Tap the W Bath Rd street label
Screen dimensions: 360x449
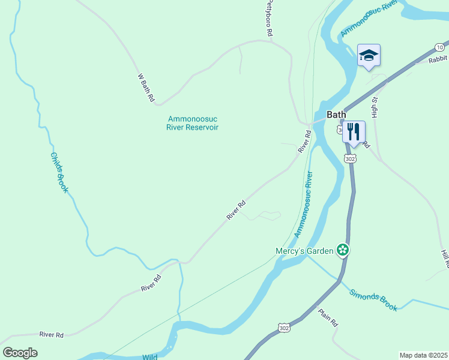pyautogui.click(x=146, y=88)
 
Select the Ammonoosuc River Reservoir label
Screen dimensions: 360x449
pyautogui.click(x=193, y=123)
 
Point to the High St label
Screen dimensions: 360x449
pyautogui.click(x=375, y=107)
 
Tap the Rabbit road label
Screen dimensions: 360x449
pyautogui.click(x=438, y=59)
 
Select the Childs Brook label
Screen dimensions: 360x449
pyautogui.click(x=59, y=172)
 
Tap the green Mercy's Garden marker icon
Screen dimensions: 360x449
pyautogui.click(x=343, y=250)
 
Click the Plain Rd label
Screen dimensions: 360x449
pyautogui.click(x=328, y=317)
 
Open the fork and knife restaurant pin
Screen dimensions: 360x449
pyautogui.click(x=354, y=131)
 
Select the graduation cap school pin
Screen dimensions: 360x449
pyautogui.click(x=369, y=56)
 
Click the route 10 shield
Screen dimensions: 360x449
pyautogui.click(x=440, y=47)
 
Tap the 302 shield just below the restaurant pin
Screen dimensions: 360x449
pyautogui.click(x=351, y=158)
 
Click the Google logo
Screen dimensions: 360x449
pyautogui.click(x=20, y=352)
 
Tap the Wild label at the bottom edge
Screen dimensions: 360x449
pyautogui.click(x=150, y=356)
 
